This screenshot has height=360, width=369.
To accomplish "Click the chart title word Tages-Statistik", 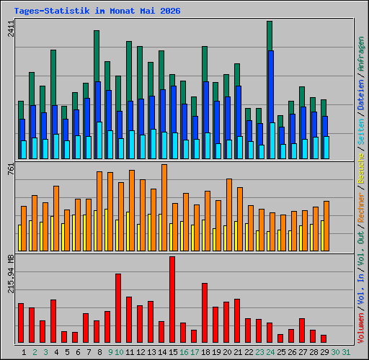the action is pyautogui.click(x=52, y=11).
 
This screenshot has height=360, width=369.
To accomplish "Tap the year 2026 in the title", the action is pyautogui.click(x=170, y=11).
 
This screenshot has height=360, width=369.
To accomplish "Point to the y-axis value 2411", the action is pyautogui.click(x=11, y=29).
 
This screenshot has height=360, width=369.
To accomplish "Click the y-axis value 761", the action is pyautogui.click(x=11, y=168).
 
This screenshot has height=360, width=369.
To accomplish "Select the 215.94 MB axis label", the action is pyautogui.click(x=11, y=274).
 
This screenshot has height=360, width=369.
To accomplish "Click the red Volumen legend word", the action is pyautogui.click(x=361, y=328).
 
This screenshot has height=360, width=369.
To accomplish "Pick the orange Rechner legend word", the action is pyautogui.click(x=361, y=207).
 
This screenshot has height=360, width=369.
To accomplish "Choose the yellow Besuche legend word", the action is pyautogui.click(x=361, y=168).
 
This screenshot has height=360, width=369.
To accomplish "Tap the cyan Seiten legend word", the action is pyautogui.click(x=361, y=132).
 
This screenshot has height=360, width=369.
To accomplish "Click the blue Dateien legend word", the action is pyautogui.click(x=361, y=95).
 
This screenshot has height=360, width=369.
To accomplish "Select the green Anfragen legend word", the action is pyautogui.click(x=361, y=54).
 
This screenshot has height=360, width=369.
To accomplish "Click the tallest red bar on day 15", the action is pyautogui.click(x=172, y=300).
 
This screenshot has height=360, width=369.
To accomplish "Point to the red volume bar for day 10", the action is pyautogui.click(x=118, y=308).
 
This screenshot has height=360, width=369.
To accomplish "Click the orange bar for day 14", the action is pyautogui.click(x=164, y=208).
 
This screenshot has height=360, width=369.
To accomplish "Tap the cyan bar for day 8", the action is pyautogui.click(x=99, y=140).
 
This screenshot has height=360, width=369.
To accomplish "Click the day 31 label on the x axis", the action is pyautogui.click(x=346, y=352).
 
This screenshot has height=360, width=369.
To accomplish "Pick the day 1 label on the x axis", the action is pyautogui.click(x=24, y=352).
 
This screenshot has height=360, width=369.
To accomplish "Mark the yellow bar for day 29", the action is pyautogui.click(x=322, y=236).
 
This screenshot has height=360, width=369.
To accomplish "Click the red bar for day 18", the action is pyautogui.click(x=205, y=312).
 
